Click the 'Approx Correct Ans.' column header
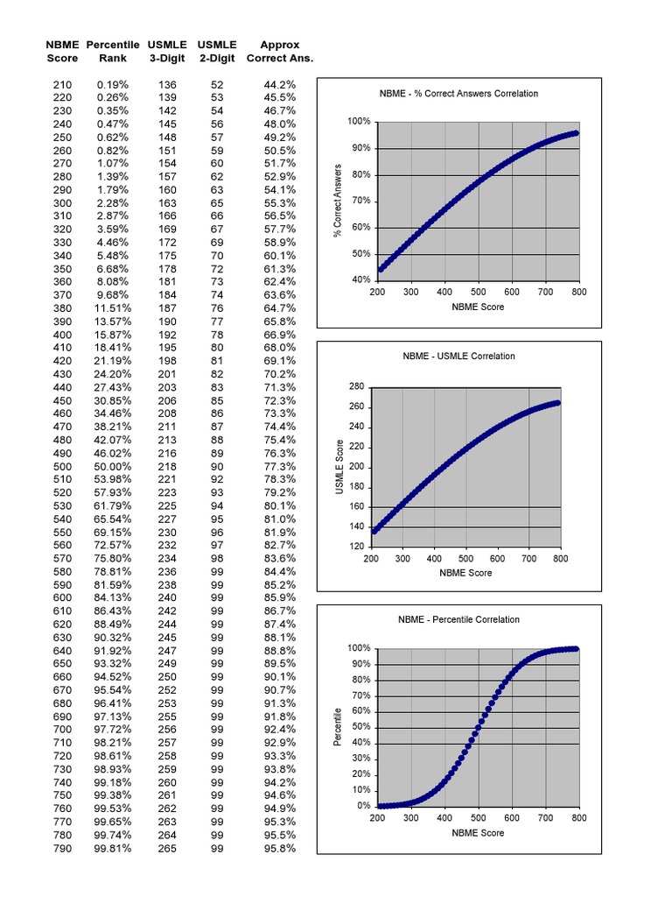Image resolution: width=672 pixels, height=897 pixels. pos(280,52)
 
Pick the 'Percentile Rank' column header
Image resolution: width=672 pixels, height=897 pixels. pos(114,52)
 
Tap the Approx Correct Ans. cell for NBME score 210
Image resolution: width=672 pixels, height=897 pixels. pos(280,85)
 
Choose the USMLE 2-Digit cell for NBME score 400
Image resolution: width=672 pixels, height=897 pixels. pos(217,335)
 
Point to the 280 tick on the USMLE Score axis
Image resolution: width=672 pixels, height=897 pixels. pos(356,386)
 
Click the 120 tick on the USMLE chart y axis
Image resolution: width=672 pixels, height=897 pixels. pos(356,547)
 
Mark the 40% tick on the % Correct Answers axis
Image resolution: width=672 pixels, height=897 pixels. pos(360,280)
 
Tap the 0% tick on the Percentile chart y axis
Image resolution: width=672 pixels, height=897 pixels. pos(363,806)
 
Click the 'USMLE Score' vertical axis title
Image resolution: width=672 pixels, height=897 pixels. pos(339,466)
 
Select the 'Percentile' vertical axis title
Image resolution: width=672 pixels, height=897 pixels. pos(338,727)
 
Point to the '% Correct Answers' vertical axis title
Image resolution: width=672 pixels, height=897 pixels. pos(338,200)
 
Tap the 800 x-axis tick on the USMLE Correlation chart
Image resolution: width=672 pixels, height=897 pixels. pos(560,558)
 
